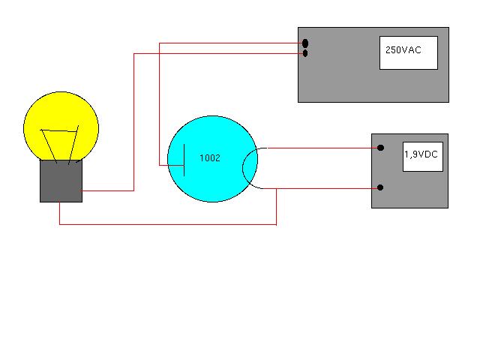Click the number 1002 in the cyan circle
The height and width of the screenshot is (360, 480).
tap(210, 158)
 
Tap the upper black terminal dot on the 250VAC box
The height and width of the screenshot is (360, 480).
tap(305, 43)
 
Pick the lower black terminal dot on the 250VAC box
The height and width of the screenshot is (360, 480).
tap(305, 53)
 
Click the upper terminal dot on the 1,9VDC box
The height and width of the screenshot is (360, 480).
tap(381, 148)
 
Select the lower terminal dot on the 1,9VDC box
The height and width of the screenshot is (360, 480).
tap(381, 187)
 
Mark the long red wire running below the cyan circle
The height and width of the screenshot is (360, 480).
tap(165, 224)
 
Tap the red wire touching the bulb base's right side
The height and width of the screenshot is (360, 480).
tap(109, 190)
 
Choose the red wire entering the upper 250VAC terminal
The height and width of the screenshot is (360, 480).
tap(225, 43)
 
